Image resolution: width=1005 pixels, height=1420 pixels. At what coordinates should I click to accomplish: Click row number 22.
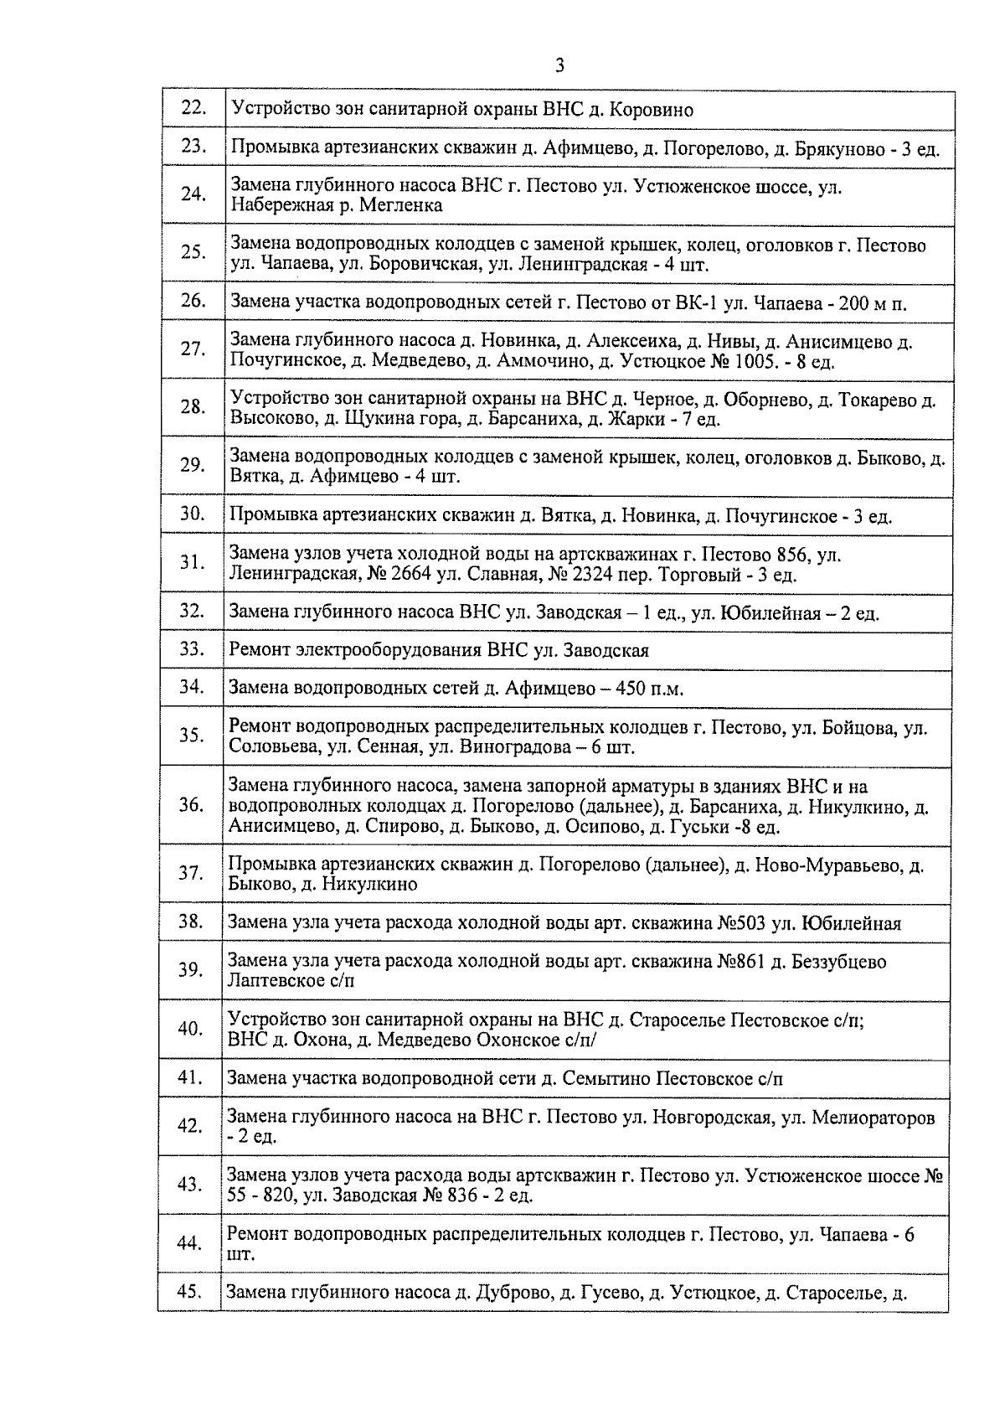(193, 108)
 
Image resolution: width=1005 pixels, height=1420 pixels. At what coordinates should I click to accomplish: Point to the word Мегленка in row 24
(399, 205)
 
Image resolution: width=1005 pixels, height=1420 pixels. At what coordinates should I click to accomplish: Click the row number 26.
(193, 301)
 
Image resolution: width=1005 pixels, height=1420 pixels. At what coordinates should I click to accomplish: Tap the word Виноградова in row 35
(513, 747)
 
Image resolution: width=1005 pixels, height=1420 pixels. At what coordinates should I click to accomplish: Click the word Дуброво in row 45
(509, 1293)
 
